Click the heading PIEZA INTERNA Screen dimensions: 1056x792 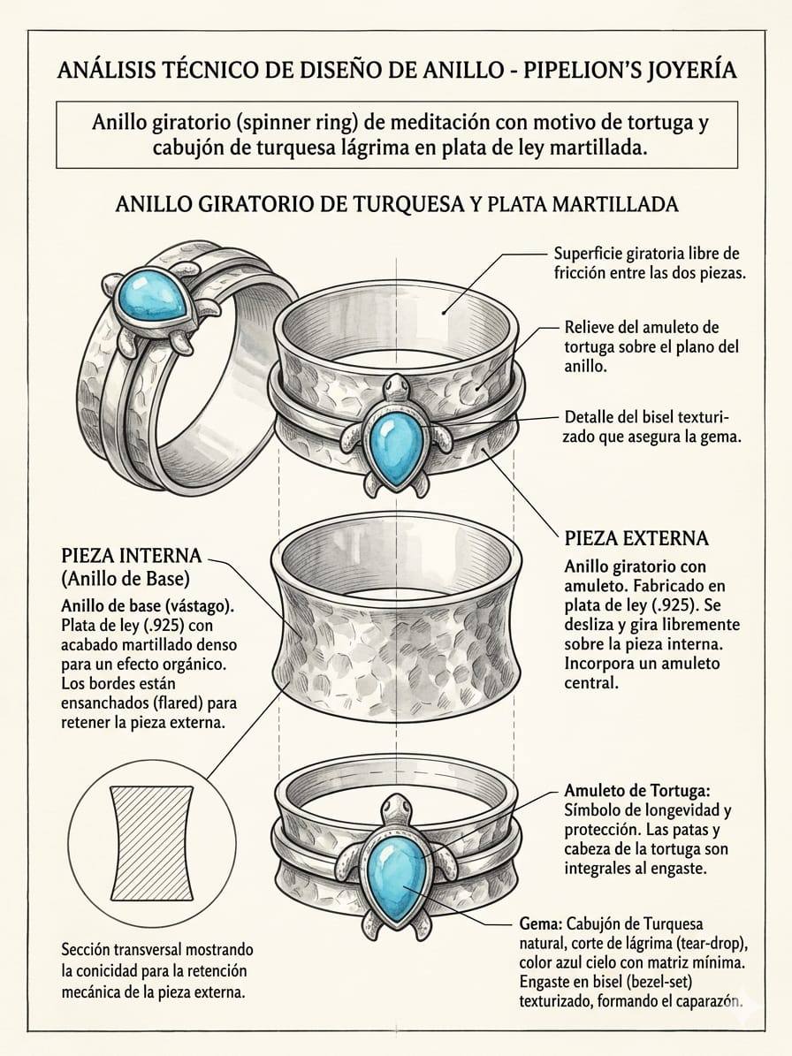132,556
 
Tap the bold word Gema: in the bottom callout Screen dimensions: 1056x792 537,923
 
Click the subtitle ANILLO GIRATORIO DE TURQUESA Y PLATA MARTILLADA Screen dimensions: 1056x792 396,204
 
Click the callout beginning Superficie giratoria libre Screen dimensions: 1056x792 650,262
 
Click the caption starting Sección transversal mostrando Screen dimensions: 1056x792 156,970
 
